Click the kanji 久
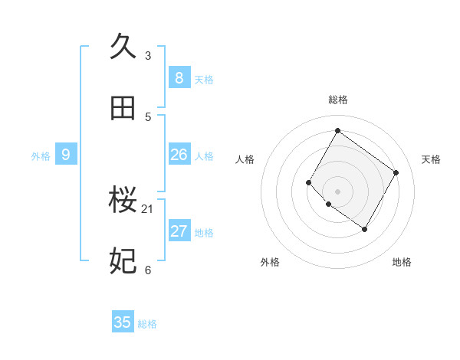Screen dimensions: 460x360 click(x=123, y=46)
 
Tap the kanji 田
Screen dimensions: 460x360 click(x=123, y=108)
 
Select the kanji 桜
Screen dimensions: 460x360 click(x=123, y=200)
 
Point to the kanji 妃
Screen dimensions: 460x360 click(x=123, y=261)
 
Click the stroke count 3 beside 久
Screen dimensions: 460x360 click(x=148, y=55)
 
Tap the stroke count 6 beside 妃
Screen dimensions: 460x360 click(x=148, y=270)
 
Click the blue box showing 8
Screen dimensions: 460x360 click(x=179, y=77)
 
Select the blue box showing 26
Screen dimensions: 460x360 click(x=179, y=155)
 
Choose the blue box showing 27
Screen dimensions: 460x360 click(x=179, y=231)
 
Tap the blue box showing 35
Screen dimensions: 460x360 click(x=123, y=322)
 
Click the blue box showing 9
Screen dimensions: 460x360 click(x=66, y=155)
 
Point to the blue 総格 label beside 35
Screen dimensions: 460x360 click(x=147, y=324)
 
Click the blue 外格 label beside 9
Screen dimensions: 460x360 click(x=41, y=156)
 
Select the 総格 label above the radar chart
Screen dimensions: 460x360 click(x=337, y=100)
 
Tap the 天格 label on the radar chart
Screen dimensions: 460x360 click(x=431, y=159)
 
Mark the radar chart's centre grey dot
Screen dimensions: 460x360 click(x=337, y=191)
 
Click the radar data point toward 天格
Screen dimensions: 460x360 click(x=396, y=172)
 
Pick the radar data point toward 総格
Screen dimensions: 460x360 click(x=337, y=130)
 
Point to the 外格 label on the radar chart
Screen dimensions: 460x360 click(x=270, y=262)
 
